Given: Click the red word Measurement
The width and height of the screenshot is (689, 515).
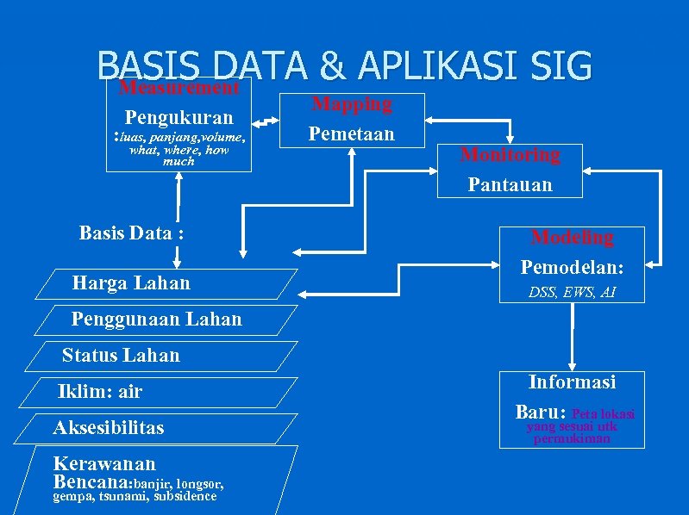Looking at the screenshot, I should click(179, 88).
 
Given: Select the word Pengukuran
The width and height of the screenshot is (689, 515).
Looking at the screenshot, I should click(179, 117).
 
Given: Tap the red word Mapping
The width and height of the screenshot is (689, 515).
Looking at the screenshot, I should click(351, 104).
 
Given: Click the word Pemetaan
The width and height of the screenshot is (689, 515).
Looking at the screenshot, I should click(351, 133).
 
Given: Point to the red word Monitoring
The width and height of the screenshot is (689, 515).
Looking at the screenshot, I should click(510, 155).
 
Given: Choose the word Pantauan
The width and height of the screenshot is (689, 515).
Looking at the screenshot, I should click(510, 184).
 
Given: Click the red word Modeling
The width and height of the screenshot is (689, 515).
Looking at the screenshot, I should click(572, 237).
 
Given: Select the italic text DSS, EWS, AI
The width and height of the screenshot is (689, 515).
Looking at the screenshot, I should click(572, 293).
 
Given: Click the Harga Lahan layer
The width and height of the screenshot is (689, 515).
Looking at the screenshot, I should click(131, 282).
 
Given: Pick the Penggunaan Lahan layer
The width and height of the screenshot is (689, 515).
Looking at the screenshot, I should click(156, 320).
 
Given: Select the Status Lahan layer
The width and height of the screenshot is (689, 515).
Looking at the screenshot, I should click(121, 355).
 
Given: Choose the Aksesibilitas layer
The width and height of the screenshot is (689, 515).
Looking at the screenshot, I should click(108, 428).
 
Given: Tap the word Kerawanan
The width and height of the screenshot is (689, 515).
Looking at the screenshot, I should click(104, 463).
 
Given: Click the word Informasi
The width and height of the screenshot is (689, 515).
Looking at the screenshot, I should click(572, 382).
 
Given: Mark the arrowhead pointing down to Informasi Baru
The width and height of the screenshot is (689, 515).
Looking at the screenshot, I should click(573, 364).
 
